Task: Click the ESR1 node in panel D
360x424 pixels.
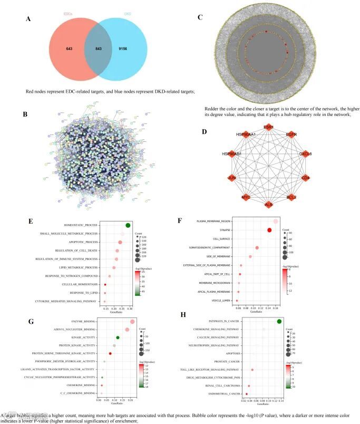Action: [x=268, y=128]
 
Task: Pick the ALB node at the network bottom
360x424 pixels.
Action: [x=269, y=204]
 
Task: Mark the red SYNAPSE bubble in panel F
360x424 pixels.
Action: [x=269, y=230]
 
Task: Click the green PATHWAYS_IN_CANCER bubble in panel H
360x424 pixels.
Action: [x=279, y=322]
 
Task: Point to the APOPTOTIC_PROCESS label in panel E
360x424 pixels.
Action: [x=80, y=242]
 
